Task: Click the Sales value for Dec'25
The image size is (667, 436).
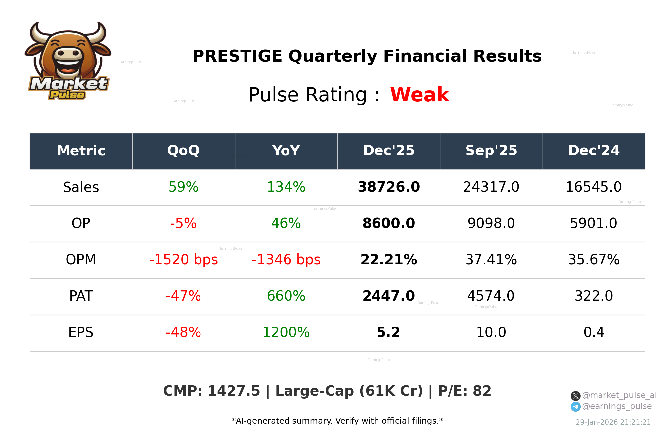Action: (x=389, y=187)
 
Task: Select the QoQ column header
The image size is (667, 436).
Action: (x=183, y=151)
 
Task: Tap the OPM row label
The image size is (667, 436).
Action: (x=81, y=260)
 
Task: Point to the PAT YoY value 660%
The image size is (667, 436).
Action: (x=286, y=296)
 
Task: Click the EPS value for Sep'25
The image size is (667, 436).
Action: (x=491, y=332)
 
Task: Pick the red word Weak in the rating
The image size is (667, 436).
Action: (x=420, y=95)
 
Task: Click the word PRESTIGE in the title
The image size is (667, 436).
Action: (x=237, y=56)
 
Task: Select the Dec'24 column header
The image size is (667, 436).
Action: (x=594, y=151)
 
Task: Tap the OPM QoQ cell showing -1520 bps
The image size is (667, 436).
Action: (x=184, y=260)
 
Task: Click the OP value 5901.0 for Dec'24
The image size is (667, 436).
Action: (x=594, y=223)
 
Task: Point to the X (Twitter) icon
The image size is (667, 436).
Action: (x=575, y=396)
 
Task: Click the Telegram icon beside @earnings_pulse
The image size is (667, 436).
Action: (x=575, y=407)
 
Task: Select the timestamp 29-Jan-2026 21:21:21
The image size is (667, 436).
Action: (x=613, y=422)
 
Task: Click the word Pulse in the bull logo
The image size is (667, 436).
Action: (x=67, y=95)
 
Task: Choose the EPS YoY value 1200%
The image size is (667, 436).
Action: (x=286, y=332)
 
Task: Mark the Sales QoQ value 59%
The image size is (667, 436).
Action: (x=183, y=187)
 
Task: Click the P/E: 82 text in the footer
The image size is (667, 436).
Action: (x=465, y=391)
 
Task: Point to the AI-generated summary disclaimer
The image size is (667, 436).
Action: (x=337, y=421)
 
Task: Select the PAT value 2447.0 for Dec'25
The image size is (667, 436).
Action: (x=389, y=296)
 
